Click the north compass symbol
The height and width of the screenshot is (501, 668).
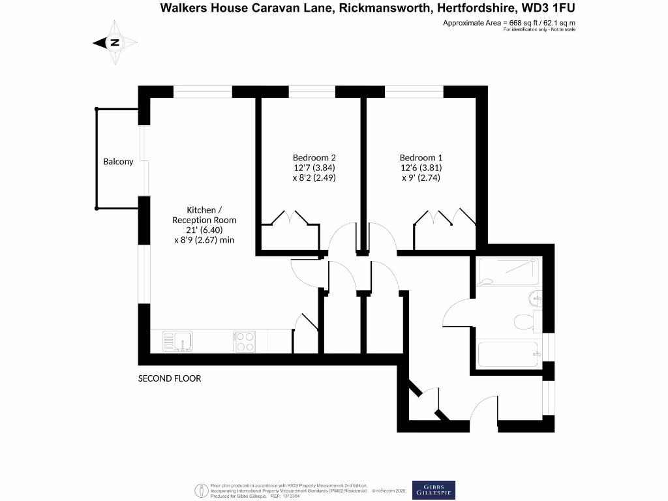(x=115, y=42)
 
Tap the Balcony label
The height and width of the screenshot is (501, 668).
(x=118, y=162)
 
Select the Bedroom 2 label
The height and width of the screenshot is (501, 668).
(x=314, y=158)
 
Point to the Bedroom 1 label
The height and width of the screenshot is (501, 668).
(x=421, y=158)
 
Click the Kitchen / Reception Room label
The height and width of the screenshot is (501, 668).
(x=204, y=215)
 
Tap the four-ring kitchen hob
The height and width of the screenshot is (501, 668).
(x=244, y=341)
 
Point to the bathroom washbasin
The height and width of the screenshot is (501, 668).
(x=533, y=297)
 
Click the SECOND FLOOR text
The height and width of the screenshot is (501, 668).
(x=170, y=378)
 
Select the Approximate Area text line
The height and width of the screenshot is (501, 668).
(x=509, y=23)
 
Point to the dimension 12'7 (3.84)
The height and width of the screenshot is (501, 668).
(x=314, y=168)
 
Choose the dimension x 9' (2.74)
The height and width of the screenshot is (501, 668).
(x=421, y=177)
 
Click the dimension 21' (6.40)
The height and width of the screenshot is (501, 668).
(x=204, y=230)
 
